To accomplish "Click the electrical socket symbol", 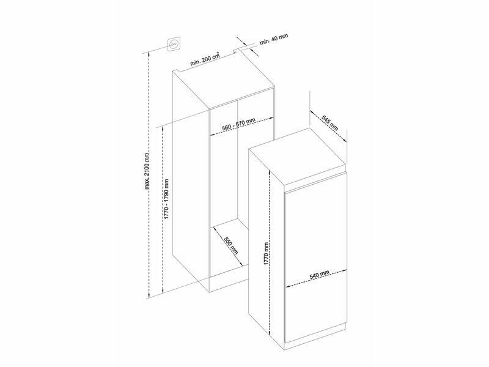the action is tap(174, 44).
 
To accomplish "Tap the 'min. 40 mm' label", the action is tap(274, 39).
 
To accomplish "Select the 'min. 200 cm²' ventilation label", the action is tap(205, 59).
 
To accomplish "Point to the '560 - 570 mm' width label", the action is tap(238, 124).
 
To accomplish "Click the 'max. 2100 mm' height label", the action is tap(147, 171).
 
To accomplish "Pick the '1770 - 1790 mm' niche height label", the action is tap(166, 198).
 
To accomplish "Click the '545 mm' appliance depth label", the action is tap(330, 123).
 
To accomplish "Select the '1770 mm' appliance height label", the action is tap(266, 254).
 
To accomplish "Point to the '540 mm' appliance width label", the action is tap(319, 274).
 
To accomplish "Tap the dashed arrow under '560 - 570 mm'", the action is tap(242, 126).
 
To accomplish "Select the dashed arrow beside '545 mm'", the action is tap(328, 126).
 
